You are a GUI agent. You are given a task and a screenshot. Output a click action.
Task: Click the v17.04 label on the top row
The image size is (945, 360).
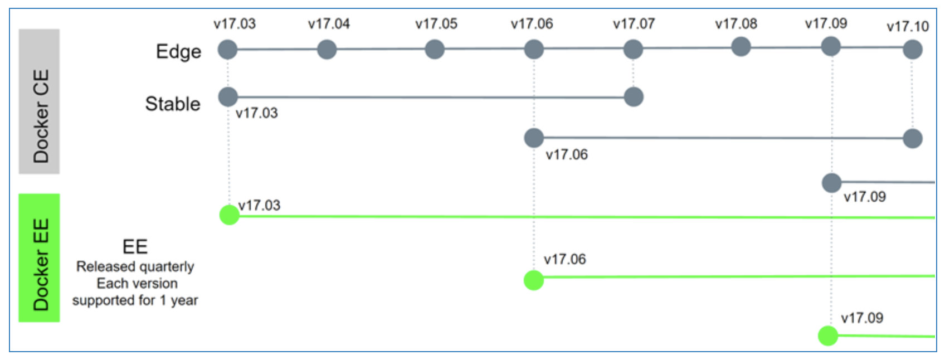tap(329, 23)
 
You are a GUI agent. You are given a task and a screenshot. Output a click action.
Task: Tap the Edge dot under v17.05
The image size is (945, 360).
tap(435, 50)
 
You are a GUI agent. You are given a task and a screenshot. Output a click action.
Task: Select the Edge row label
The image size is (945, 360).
tap(178, 52)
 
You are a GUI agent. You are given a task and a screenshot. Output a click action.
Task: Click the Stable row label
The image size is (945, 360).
tap(173, 104)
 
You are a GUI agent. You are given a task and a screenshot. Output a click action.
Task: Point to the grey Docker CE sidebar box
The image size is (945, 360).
tap(39, 101)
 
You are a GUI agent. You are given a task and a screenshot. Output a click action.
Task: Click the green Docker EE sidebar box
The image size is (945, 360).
tap(39, 258)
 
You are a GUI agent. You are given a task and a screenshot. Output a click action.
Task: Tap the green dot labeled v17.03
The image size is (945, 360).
tap(230, 215)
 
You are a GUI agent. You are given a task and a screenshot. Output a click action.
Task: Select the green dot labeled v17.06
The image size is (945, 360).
tap(534, 280)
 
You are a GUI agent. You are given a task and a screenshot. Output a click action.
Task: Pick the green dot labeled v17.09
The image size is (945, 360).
tap(828, 335)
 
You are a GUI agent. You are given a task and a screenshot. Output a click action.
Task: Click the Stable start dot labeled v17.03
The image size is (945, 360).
tap(228, 97)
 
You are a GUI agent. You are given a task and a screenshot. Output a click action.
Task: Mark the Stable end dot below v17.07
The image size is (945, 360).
tap(633, 97)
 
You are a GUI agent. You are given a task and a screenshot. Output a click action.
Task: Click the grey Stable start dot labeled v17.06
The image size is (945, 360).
tap(534, 138)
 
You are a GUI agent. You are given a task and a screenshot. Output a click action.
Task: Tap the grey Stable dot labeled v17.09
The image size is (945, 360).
tap(831, 183)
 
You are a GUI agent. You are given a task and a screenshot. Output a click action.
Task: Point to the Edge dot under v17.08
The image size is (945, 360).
tap(741, 46)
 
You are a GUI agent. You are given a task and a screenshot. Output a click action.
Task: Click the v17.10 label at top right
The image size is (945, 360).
tap(908, 27)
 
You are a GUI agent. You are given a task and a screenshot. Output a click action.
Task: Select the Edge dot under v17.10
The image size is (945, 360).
tap(913, 50)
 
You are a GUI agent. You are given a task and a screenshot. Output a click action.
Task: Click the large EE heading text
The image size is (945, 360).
tap(135, 246)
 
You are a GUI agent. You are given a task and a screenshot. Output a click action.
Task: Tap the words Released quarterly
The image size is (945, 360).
tap(135, 267)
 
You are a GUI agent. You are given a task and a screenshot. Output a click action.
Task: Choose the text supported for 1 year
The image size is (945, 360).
tap(135, 300)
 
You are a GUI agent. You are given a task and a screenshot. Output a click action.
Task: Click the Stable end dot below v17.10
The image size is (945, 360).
tap(913, 138)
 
